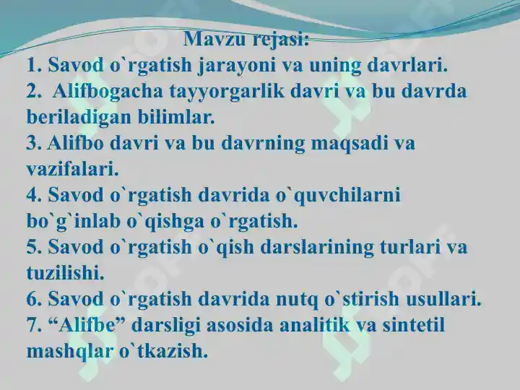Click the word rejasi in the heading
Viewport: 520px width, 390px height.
click(281, 40)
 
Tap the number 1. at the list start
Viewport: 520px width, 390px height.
click(34, 65)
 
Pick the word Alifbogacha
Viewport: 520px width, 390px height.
click(108, 92)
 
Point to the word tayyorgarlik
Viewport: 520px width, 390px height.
click(227, 92)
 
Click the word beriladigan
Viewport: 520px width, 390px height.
click(79, 118)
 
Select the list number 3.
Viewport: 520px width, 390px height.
click(34, 143)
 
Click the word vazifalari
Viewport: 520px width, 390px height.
click(72, 169)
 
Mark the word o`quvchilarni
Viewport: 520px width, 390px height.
click(338, 196)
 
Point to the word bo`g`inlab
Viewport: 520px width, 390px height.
click(73, 222)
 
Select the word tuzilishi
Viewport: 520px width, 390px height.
click(65, 273)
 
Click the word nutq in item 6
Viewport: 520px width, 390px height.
click(297, 300)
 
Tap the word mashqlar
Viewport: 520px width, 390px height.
click(69, 352)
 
